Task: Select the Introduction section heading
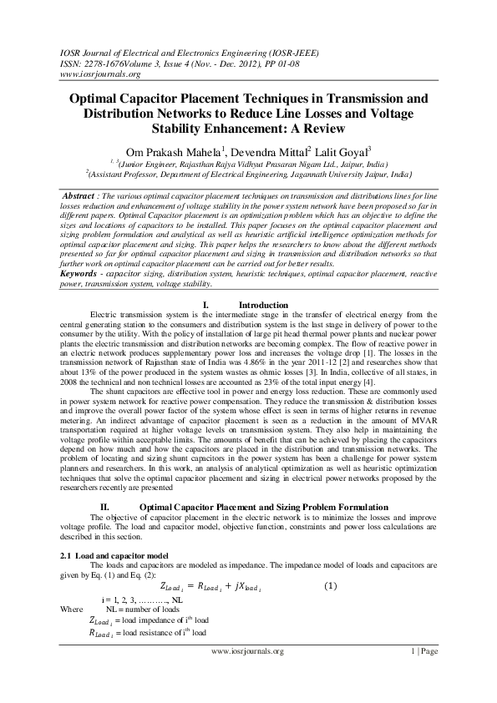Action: click(263, 306)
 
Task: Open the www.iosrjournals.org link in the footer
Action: click(248, 651)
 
